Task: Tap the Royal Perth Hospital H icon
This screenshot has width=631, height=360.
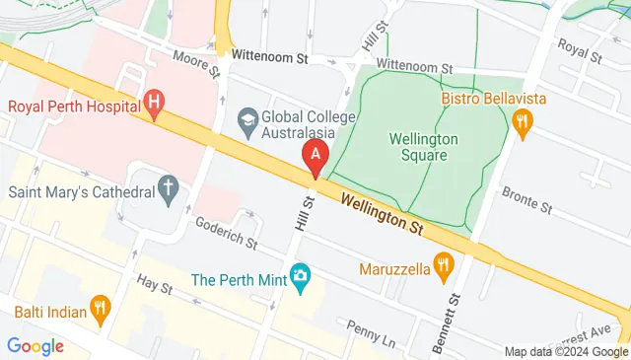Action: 153,101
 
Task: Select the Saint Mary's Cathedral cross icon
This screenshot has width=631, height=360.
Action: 169,186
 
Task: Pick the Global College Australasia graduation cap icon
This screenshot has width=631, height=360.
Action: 247,119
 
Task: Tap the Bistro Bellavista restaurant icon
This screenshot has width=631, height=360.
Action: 523,121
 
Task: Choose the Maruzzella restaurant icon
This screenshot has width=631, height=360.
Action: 445,264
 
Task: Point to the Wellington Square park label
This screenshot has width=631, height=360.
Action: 418,147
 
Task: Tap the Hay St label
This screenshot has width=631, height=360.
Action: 154,286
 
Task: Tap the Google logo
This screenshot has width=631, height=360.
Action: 35,346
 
